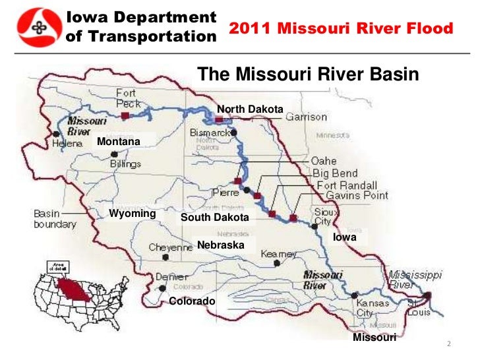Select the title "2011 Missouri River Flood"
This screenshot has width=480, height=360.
click(341, 29)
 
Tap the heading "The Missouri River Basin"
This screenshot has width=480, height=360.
click(308, 75)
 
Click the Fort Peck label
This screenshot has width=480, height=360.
click(128, 98)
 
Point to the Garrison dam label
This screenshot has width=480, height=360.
click(306, 117)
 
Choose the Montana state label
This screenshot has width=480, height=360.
click(119, 142)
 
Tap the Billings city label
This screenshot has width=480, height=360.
click(125, 164)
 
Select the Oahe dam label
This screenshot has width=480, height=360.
click(324, 161)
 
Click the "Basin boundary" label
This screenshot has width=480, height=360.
click(55, 219)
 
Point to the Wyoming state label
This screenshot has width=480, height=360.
click(132, 214)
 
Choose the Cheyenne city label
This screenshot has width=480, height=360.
click(170, 247)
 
